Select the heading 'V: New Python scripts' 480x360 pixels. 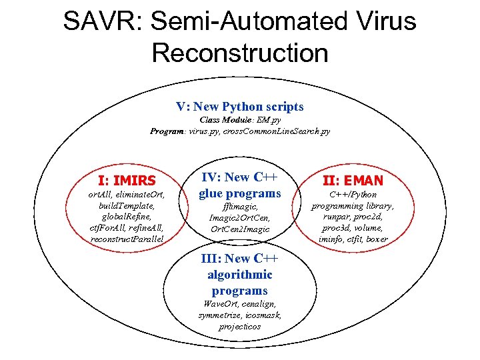[239, 107]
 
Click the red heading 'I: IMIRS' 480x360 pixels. [127, 181]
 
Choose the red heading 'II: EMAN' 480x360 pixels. [353, 181]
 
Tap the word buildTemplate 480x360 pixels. [127, 206]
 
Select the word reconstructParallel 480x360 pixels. [127, 239]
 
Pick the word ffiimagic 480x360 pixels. [239, 207]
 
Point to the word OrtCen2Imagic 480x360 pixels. [240, 229]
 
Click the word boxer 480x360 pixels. [377, 239]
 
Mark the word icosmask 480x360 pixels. [263, 315]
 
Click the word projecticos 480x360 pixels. [240, 327]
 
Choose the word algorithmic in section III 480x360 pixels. [240, 275]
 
